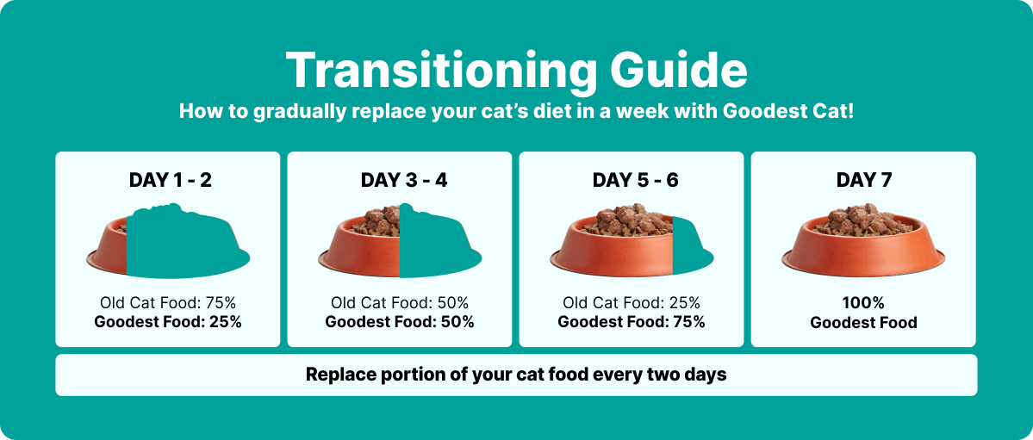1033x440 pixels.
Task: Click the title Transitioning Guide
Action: [517, 71]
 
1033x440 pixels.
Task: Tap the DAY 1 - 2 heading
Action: [170, 180]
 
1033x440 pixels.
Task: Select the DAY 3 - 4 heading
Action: [404, 180]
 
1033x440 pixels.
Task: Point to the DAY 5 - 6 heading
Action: [635, 180]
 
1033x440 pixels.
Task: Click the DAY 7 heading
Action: [863, 180]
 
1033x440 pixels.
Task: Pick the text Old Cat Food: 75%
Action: [168, 303]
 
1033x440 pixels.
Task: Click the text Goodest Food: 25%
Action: [168, 322]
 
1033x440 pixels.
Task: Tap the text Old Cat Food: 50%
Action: [400, 303]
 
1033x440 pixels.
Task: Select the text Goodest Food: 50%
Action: [400, 322]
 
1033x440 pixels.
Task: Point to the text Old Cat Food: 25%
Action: [632, 303]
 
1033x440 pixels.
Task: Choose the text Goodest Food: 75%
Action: [632, 322]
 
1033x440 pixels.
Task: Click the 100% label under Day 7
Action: [863, 303]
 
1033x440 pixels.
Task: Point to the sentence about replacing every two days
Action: [517, 375]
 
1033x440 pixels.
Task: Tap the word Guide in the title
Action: [679, 71]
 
